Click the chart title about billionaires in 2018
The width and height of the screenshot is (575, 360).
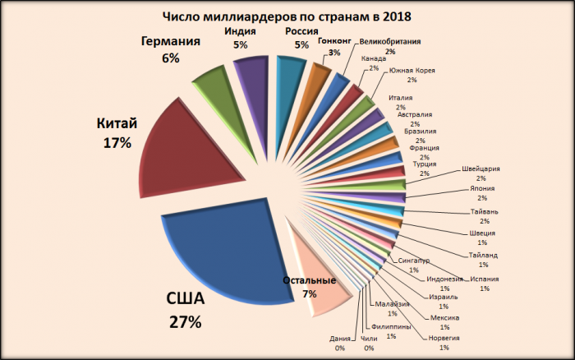287,16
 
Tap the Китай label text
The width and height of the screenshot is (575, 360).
117,123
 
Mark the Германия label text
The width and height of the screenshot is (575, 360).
171,42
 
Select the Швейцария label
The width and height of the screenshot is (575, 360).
481,168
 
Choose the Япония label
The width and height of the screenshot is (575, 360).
482,188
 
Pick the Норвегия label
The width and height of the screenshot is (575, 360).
444,337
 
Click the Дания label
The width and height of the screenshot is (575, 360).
339,339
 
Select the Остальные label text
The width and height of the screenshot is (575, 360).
309,280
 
